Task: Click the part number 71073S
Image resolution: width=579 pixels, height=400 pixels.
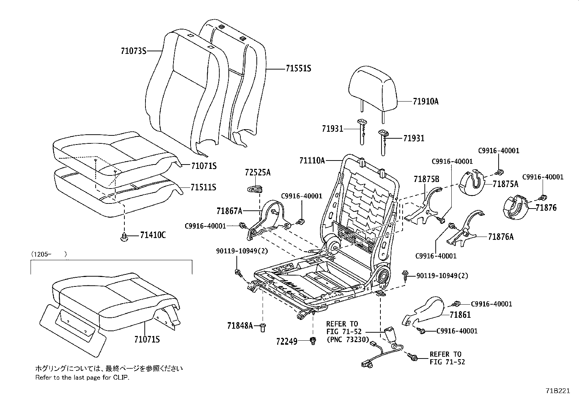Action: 133,51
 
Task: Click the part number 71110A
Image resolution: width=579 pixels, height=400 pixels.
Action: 312,160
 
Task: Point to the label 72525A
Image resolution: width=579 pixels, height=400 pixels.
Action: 257,173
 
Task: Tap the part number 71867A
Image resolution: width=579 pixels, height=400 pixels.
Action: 229,210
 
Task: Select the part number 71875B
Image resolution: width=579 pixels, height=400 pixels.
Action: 426,179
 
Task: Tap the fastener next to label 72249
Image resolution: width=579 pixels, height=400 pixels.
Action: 312,340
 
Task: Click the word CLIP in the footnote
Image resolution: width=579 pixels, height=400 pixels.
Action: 120,377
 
